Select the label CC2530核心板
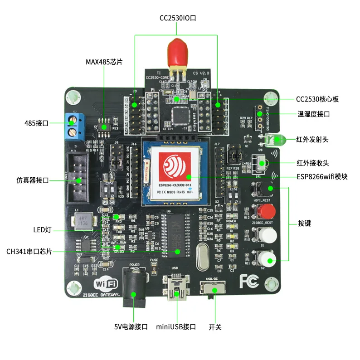317,99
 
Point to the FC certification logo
249,281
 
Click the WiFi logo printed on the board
106,284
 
